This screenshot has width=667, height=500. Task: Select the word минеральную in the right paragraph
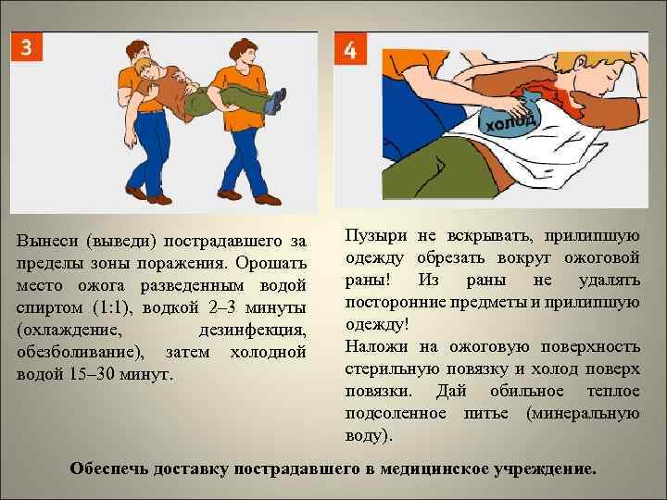583,413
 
